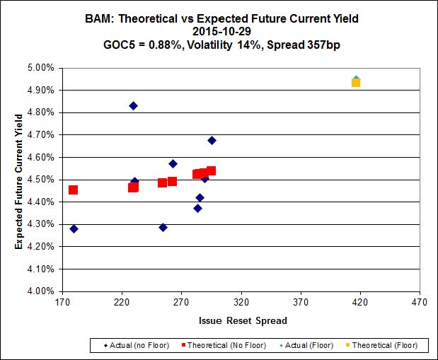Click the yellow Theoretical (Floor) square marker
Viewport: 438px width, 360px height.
pos(356,83)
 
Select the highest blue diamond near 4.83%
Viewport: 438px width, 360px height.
pos(133,105)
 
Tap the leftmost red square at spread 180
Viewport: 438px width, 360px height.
pos(73,190)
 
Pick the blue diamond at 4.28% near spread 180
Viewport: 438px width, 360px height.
pos(74,228)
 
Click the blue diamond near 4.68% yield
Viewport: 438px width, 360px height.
pos(212,140)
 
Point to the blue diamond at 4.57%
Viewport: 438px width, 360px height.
pos(173,163)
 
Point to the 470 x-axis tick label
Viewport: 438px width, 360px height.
pos(420,303)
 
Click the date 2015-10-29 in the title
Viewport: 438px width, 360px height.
pos(219,31)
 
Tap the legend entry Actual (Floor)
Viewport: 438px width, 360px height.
pos(309,346)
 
